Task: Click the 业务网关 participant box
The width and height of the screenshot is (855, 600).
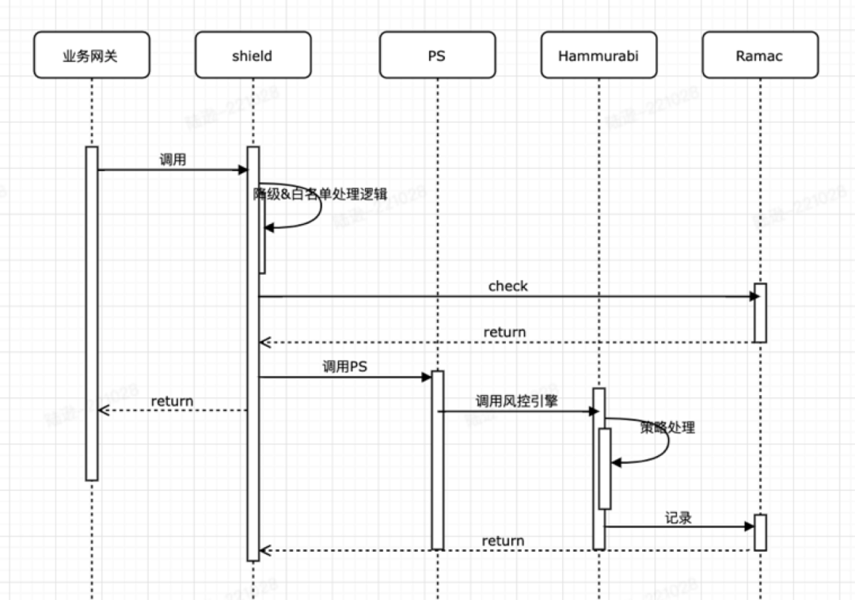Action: click(x=91, y=56)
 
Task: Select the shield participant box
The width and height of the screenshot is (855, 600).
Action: click(x=253, y=56)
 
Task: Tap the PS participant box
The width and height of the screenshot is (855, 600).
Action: click(x=437, y=56)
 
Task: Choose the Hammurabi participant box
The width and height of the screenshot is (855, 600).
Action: click(x=598, y=56)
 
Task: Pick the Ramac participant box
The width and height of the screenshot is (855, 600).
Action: click(x=760, y=56)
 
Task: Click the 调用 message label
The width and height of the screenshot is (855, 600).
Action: click(x=173, y=159)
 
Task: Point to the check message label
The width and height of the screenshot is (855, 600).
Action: click(x=507, y=286)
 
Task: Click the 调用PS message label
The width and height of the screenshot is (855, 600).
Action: click(x=344, y=366)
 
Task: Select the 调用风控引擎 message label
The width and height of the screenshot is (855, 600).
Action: click(x=516, y=401)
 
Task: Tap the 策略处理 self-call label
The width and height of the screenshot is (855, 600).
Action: click(x=667, y=427)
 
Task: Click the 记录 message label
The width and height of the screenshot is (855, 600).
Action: click(x=678, y=518)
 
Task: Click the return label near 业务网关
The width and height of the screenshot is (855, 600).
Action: click(x=172, y=401)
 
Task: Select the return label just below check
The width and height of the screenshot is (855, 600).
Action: click(x=504, y=332)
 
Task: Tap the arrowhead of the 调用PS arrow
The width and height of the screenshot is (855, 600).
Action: click(x=427, y=377)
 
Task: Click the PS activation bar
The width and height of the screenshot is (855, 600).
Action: click(x=437, y=459)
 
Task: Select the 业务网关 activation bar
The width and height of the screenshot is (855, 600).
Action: click(x=92, y=313)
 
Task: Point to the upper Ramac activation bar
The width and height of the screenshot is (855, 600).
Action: click(x=760, y=313)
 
